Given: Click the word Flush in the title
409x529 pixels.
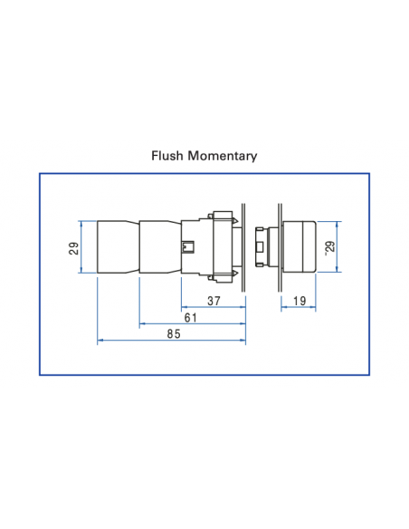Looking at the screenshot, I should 168,156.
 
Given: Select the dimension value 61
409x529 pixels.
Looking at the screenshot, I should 191,317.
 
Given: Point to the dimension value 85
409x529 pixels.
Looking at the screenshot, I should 173,334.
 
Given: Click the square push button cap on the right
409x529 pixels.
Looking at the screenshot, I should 298,245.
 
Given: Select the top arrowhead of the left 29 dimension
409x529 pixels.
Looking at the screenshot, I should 81,223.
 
